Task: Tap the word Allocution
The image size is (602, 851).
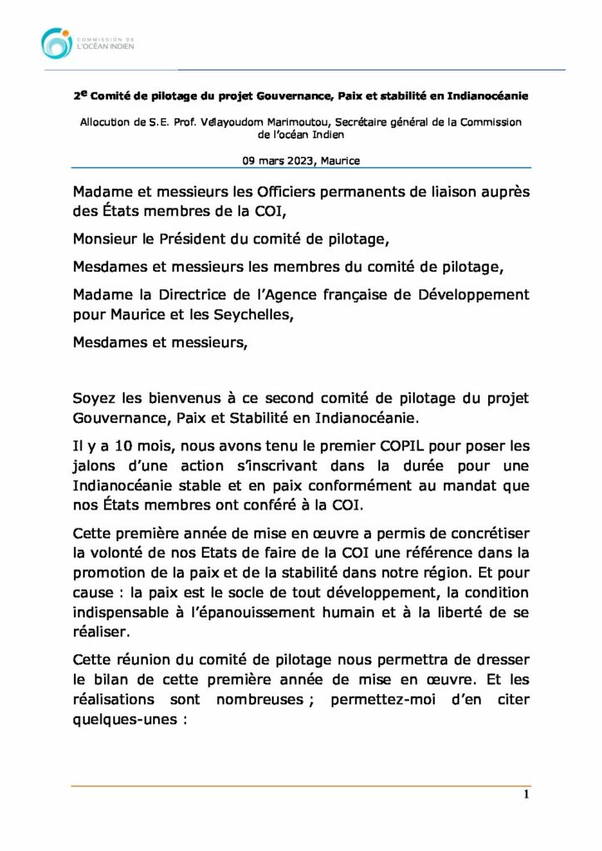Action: click(x=107, y=121)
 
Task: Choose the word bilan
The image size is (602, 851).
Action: click(x=111, y=680)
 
